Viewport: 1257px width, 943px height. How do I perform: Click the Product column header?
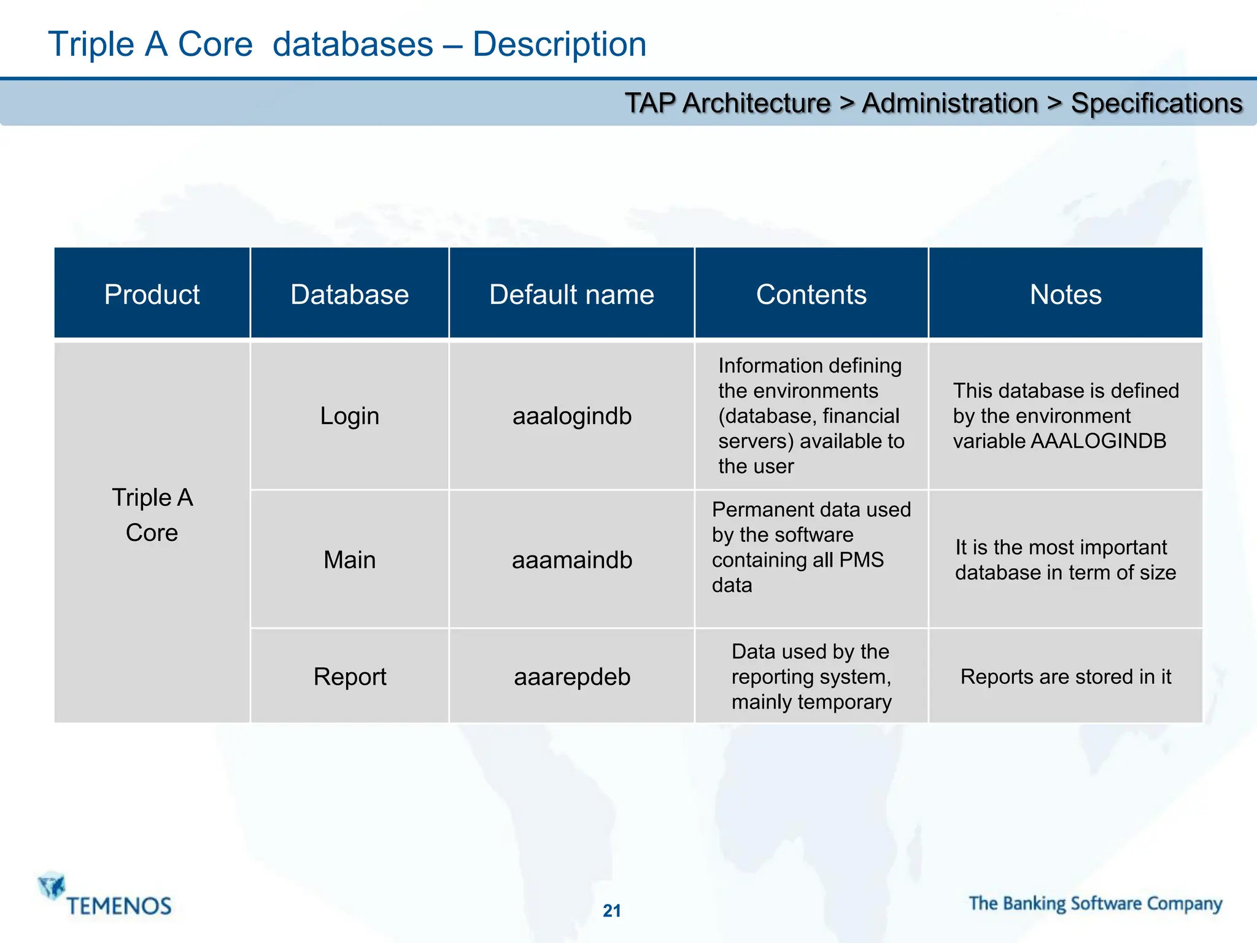[x=152, y=294]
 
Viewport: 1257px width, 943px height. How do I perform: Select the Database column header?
[x=349, y=294]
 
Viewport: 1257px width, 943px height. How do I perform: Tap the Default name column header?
[x=571, y=294]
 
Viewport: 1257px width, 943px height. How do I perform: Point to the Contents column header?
[x=811, y=294]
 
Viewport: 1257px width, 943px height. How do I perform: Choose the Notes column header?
[x=1066, y=294]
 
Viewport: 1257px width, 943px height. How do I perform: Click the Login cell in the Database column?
[x=349, y=416]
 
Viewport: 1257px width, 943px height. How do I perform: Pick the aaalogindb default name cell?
[x=571, y=416]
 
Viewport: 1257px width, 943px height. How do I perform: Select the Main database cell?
[x=349, y=559]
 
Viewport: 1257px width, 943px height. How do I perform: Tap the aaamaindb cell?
[x=571, y=559]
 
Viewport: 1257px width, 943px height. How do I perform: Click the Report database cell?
[x=349, y=677]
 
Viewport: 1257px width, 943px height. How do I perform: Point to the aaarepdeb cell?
[x=571, y=677]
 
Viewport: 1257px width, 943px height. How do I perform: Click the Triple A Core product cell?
[x=152, y=514]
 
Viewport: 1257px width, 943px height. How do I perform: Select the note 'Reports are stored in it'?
[x=1066, y=677]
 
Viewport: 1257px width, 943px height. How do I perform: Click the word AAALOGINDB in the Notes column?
[x=1098, y=441]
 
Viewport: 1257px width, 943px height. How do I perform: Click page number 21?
[x=612, y=910]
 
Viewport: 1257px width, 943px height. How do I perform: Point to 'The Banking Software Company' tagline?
[x=1096, y=904]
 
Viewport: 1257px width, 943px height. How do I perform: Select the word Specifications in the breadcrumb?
[x=1156, y=103]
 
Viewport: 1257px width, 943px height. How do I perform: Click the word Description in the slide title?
[x=559, y=44]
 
